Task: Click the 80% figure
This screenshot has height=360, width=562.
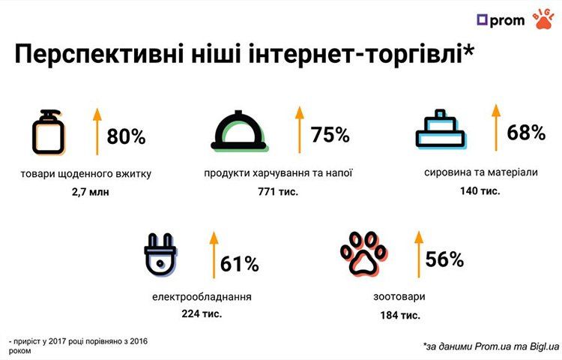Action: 126,137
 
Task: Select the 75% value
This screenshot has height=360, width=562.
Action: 330,134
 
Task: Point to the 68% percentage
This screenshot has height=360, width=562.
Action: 525,133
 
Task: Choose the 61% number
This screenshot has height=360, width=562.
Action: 240,264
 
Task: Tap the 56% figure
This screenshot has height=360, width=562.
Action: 444,259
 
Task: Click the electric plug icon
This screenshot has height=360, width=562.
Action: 160,259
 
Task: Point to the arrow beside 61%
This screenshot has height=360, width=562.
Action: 213,255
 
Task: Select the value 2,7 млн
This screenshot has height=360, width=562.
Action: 86,193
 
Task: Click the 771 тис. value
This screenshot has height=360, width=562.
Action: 278,191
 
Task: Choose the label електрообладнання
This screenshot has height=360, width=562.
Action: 202,296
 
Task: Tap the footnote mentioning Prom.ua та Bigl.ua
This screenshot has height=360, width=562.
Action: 491,346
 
